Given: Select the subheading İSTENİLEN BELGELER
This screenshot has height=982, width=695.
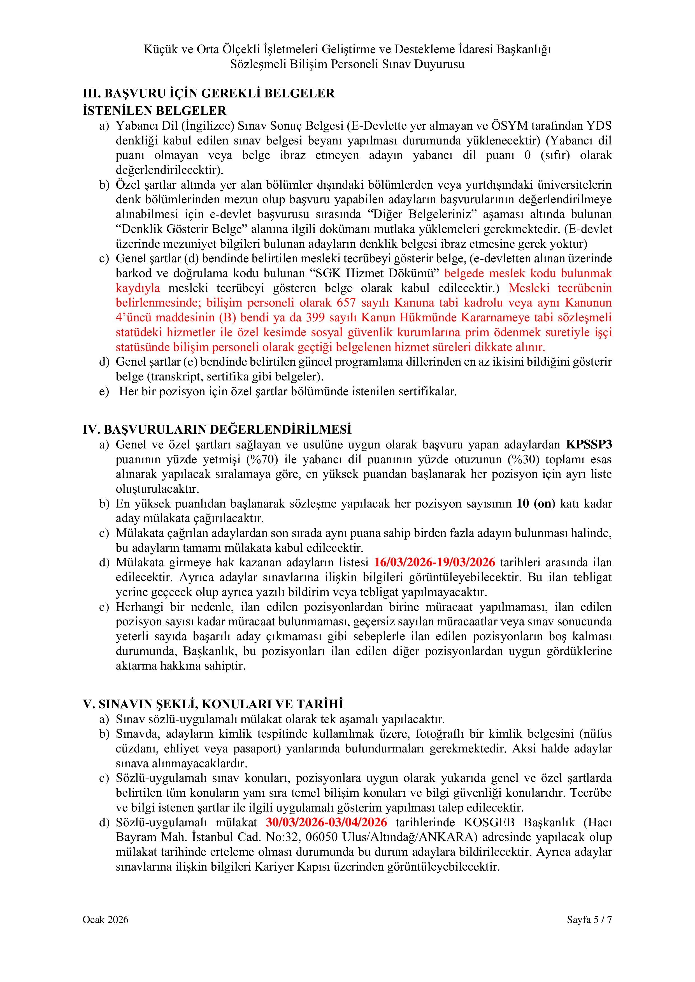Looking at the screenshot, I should click(x=155, y=111).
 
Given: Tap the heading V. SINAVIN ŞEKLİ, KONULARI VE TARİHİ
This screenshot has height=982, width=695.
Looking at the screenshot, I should click(x=213, y=704).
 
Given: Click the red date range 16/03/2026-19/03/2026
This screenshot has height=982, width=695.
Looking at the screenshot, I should click(x=434, y=562).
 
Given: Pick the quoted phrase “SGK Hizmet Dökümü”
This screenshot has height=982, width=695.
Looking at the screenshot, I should click(x=375, y=273).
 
